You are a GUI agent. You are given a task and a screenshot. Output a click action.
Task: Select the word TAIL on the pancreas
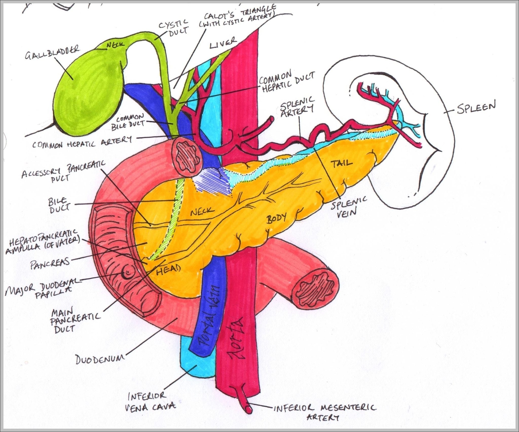(342, 163)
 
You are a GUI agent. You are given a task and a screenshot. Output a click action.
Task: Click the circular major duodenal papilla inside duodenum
(128, 273)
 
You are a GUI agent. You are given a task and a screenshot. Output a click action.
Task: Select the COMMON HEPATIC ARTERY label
(82, 143)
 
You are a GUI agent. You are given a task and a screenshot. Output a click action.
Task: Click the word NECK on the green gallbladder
(115, 45)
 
